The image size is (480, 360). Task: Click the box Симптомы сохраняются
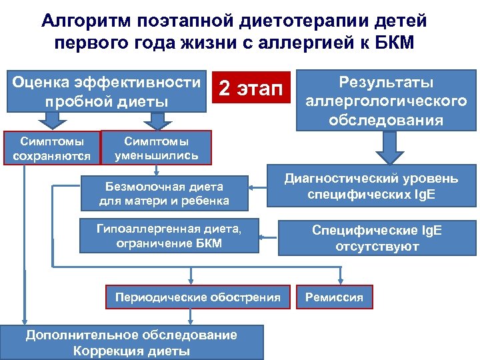click(x=52, y=149)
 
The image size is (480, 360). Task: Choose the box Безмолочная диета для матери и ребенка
click(x=164, y=193)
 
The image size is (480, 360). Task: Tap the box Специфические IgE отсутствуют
click(x=377, y=238)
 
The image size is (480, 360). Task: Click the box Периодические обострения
click(x=198, y=297)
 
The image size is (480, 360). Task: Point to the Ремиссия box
click(x=334, y=297)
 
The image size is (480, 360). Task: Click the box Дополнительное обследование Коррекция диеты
click(x=131, y=343)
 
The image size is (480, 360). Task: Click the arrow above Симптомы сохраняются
click(x=51, y=120)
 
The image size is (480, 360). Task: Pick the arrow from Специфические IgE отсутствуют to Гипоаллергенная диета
click(x=267, y=236)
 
